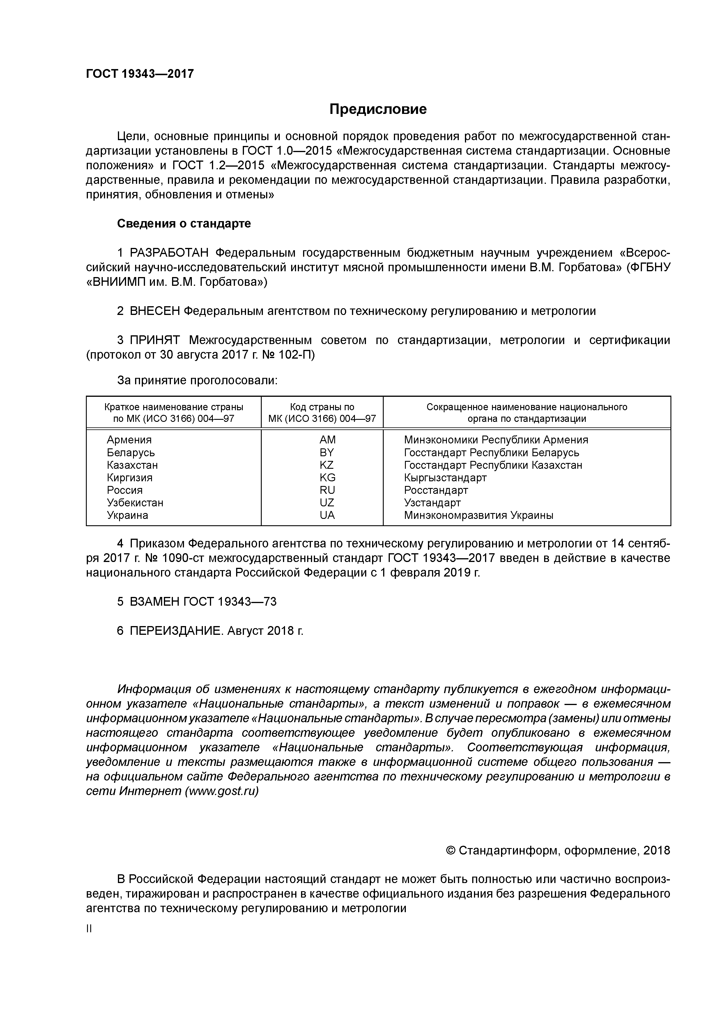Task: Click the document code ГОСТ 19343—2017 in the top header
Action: tap(140, 74)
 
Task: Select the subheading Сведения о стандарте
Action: tap(184, 223)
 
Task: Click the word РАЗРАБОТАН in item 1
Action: tap(169, 253)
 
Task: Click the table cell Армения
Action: tap(129, 440)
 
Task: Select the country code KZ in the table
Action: tap(327, 465)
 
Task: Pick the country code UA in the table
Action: tap(327, 515)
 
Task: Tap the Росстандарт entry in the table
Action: tap(436, 490)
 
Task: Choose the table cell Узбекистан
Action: tap(135, 503)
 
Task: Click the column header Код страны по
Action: tap(322, 407)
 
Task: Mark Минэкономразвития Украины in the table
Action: tap(478, 515)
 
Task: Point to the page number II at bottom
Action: tap(89, 928)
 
